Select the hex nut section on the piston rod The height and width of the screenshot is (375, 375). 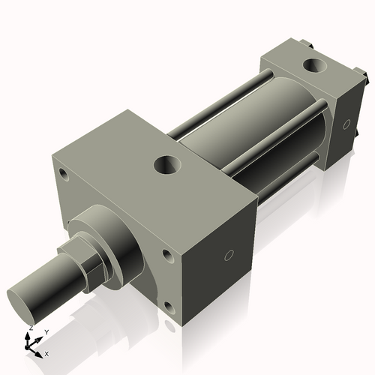tap(90, 262)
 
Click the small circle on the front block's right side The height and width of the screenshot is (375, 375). tap(229, 256)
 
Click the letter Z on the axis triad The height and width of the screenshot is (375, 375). tap(31, 328)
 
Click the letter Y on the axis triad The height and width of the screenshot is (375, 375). tap(46, 331)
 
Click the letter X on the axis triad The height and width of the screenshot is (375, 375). tap(46, 352)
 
